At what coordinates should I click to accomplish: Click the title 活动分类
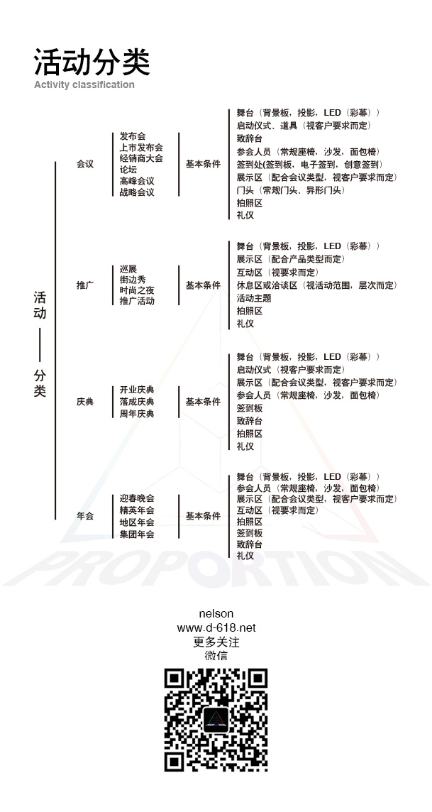click(92, 62)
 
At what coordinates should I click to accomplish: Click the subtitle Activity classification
click(84, 84)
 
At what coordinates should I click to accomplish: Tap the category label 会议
click(85, 164)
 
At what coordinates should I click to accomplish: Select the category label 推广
click(85, 285)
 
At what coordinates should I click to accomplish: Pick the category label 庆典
click(85, 402)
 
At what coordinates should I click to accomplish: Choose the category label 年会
click(85, 516)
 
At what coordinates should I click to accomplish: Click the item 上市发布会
click(141, 148)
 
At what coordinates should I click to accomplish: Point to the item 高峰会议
click(137, 181)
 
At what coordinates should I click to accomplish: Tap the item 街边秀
click(133, 280)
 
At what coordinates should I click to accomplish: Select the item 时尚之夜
click(137, 290)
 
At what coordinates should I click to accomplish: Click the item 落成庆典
click(137, 402)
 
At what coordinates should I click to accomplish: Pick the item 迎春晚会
click(137, 498)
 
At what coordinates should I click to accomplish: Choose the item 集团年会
click(137, 534)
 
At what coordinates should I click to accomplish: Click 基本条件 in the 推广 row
click(203, 285)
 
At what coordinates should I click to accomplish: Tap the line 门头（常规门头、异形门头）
click(291, 190)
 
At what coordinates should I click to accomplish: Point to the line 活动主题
click(253, 298)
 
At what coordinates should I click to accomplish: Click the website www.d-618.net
click(216, 627)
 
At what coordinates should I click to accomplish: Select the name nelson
click(216, 613)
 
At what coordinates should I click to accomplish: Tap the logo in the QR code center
click(216, 719)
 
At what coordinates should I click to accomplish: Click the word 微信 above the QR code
click(216, 656)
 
